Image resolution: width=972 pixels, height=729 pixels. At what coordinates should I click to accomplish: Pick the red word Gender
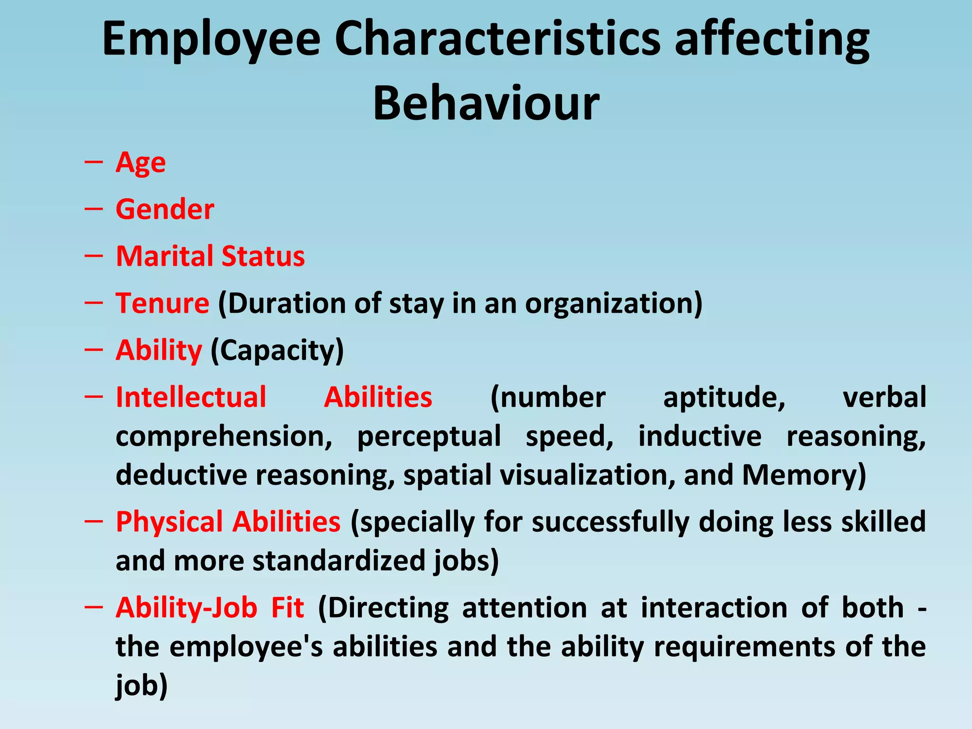click(165, 209)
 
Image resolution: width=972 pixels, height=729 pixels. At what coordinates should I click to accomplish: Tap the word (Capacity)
click(277, 351)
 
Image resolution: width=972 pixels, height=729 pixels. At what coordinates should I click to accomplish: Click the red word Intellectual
click(191, 397)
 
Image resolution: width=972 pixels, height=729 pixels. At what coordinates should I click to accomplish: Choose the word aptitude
click(724, 398)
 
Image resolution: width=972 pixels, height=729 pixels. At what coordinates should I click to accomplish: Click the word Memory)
click(804, 475)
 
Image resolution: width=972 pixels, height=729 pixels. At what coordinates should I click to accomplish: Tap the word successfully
click(610, 522)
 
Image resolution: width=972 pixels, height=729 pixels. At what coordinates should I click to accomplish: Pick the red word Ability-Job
click(187, 608)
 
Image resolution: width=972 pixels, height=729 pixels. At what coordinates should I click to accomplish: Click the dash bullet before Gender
click(93, 209)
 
